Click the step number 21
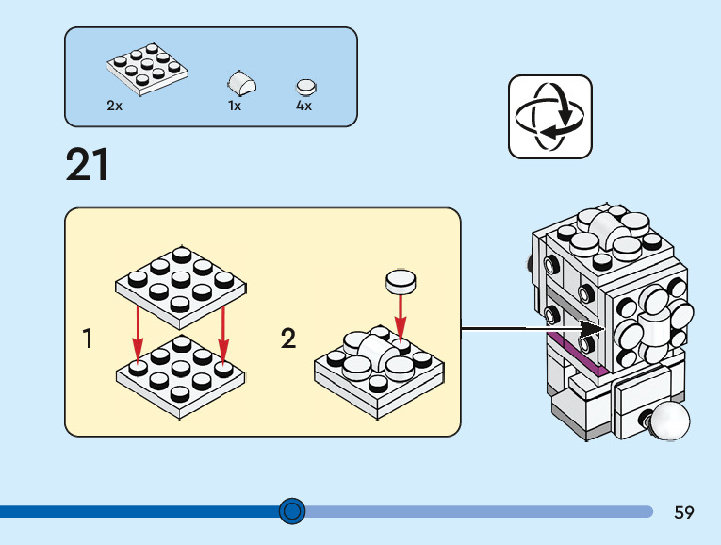[x=88, y=165]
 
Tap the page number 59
[x=684, y=512]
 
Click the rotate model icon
[x=550, y=117]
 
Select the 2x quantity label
[x=115, y=107]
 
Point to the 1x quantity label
[x=235, y=107]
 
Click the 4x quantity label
[x=303, y=107]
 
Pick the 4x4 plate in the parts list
[x=146, y=69]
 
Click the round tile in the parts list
[x=306, y=86]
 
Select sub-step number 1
[x=88, y=339]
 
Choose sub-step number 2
[x=288, y=339]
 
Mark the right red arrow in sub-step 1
[x=223, y=330]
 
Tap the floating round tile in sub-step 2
[x=401, y=280]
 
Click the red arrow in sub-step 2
[x=401, y=316]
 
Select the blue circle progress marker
[x=293, y=511]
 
